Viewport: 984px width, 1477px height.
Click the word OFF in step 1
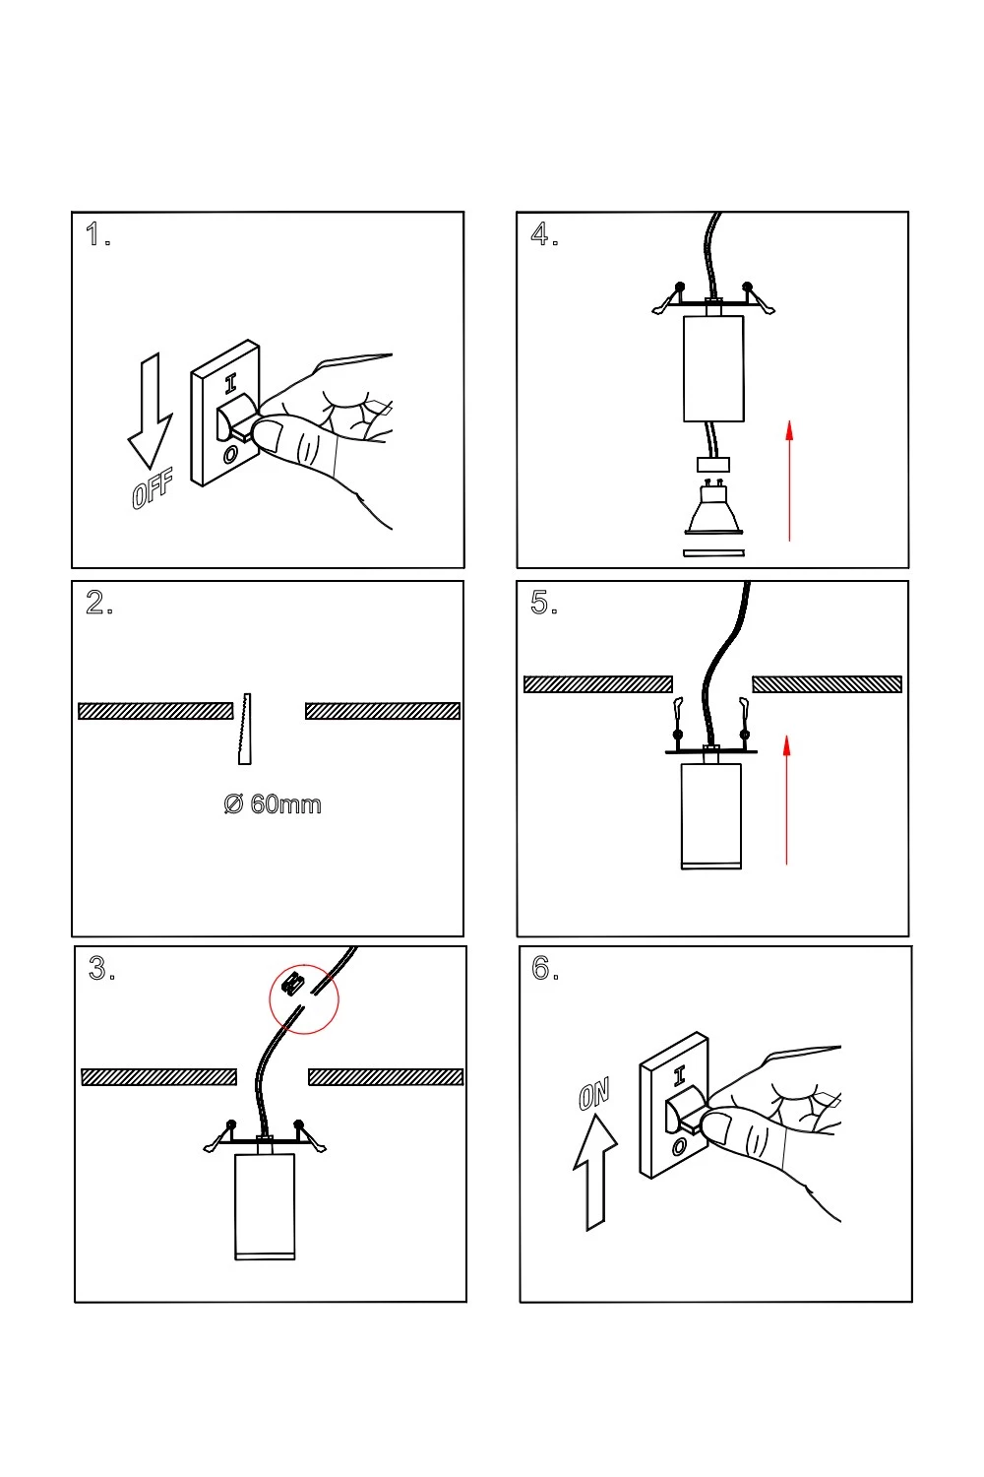click(x=153, y=489)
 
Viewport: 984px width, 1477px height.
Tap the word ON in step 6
click(x=594, y=1093)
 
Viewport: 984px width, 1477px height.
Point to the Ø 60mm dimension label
click(x=273, y=804)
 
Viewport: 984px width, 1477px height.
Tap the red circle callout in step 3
click(x=304, y=998)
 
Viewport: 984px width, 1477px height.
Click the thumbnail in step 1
click(x=271, y=434)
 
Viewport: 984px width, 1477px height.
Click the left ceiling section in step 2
click(x=155, y=711)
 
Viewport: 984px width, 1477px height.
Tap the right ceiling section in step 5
click(x=827, y=684)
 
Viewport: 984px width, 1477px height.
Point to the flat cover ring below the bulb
click(x=713, y=552)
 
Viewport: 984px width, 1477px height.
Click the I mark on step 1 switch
click(x=230, y=384)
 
